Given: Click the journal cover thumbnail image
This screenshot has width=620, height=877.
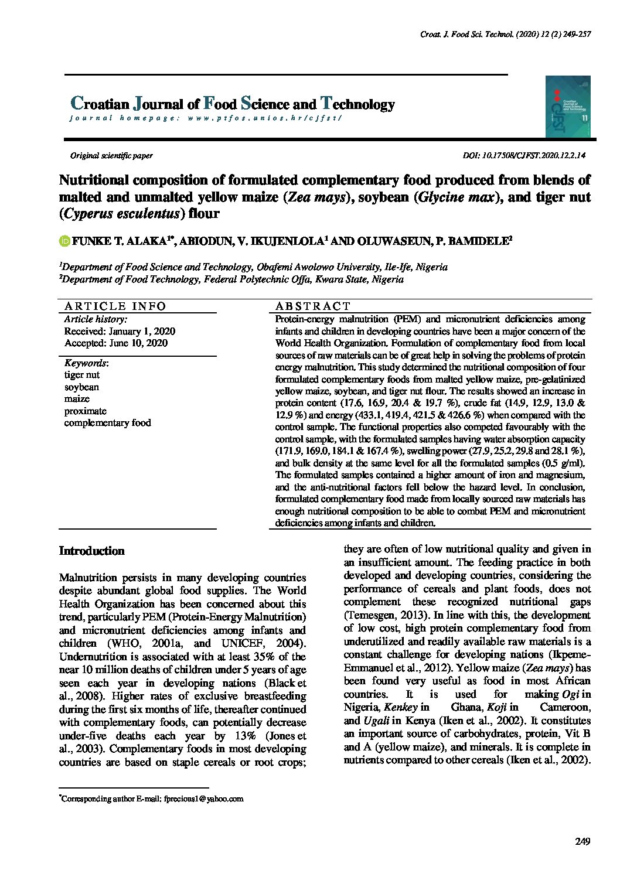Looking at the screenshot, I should click(x=567, y=107).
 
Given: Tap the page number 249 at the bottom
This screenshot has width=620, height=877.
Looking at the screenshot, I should click(x=582, y=842).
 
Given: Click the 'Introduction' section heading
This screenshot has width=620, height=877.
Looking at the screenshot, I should click(x=92, y=551).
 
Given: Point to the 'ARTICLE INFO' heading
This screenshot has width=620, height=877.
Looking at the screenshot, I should click(x=115, y=306).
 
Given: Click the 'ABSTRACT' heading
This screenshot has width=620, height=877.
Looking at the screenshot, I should click(x=312, y=306).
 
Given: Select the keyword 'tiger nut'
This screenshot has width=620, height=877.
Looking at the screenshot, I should click(x=82, y=375).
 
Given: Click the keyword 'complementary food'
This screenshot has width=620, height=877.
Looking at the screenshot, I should click(x=108, y=423).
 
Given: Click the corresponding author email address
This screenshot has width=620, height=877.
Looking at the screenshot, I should click(x=203, y=798).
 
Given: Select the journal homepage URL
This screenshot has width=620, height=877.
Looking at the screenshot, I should click(x=264, y=118).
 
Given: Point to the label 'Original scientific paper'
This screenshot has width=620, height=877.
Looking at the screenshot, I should click(x=111, y=156).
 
